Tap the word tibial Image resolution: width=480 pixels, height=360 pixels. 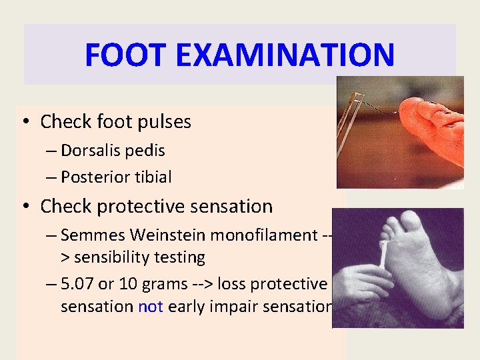(x=152, y=177)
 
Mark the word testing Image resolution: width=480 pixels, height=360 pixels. (x=181, y=257)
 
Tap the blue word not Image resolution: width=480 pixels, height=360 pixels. (x=149, y=307)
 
